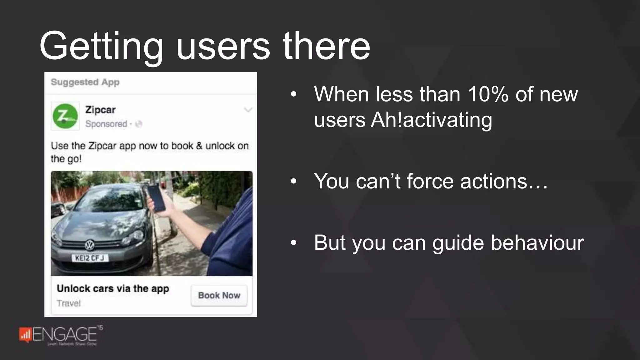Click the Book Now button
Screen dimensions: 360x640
tap(219, 295)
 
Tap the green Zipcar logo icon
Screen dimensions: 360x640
tap(65, 116)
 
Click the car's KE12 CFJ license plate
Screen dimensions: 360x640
tap(90, 258)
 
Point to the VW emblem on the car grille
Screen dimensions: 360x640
tap(90, 245)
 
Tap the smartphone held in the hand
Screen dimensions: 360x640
tap(157, 198)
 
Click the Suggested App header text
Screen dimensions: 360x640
tap(85, 82)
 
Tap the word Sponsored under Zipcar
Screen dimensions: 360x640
tap(106, 124)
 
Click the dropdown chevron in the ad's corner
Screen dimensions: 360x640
tap(248, 110)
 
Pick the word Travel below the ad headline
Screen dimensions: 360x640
tap(68, 303)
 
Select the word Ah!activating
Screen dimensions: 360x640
tap(431, 120)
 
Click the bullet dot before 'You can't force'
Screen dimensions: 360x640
tap(293, 181)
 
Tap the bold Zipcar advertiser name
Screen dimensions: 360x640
tap(100, 110)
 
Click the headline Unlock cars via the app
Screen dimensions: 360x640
tap(113, 288)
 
